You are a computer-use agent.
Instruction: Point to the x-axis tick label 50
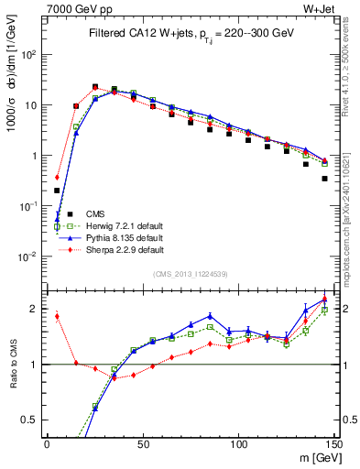pos(142,444)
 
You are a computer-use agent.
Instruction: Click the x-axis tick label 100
pos(237,444)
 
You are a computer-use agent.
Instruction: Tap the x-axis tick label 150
pos(333,444)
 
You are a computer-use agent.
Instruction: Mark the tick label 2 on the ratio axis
pos(33,309)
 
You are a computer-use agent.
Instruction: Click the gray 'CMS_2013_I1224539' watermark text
pos(191,274)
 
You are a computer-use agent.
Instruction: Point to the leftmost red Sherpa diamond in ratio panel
pos(57,317)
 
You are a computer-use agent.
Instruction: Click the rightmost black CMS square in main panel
pos(324,179)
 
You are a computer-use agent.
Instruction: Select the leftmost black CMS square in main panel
pos(57,191)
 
